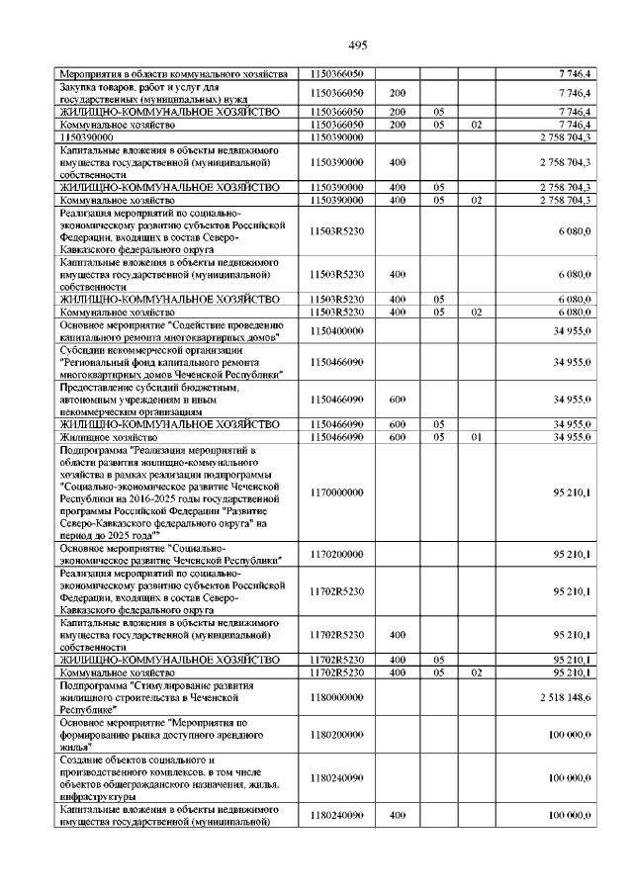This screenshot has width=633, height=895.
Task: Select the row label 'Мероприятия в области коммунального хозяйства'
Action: [173, 74]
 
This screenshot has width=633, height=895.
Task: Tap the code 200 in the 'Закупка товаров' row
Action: [398, 93]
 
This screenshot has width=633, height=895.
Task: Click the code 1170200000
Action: [337, 554]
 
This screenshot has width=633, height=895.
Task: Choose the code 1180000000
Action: [337, 697]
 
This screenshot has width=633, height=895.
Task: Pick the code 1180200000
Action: [337, 734]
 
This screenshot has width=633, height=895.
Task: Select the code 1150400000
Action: [337, 331]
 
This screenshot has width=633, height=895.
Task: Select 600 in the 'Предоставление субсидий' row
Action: [398, 400]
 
